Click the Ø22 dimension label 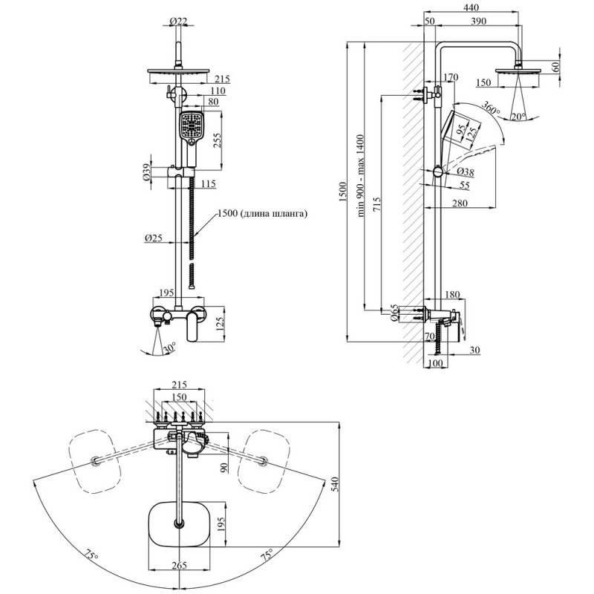click(178, 22)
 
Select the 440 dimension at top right click(471, 7)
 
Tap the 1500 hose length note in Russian click(263, 214)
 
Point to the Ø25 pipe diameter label click(154, 238)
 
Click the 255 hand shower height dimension click(216, 141)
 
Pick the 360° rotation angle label click(491, 108)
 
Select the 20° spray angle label click(518, 117)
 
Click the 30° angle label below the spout click(169, 347)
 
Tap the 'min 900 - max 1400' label click(360, 175)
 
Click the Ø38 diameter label click(466, 172)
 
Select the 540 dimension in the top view click(333, 484)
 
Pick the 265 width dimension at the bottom click(179, 566)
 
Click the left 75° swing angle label click(91, 556)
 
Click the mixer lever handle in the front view click(195, 325)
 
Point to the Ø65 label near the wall click(394, 313)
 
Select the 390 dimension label click(478, 22)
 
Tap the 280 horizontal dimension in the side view click(460, 203)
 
